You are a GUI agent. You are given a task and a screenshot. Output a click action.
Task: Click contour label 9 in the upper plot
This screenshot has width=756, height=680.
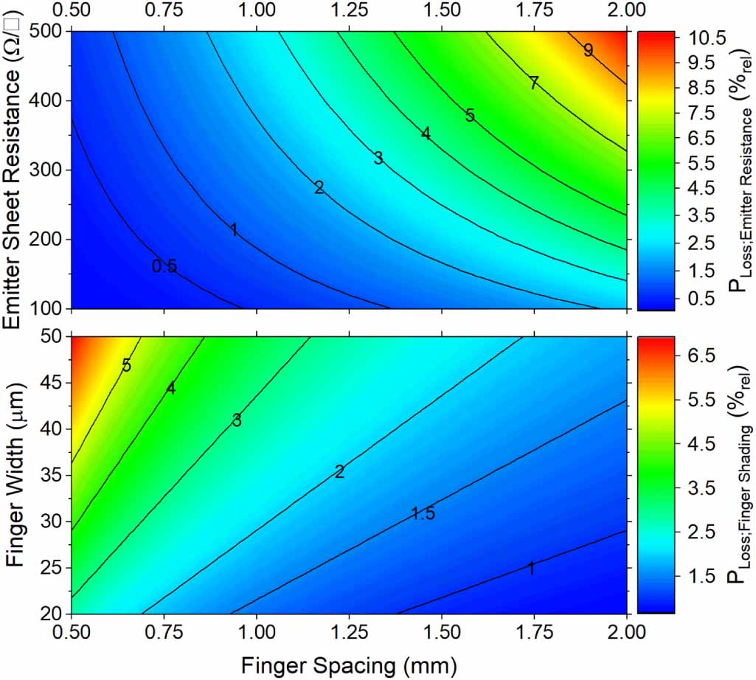[x=588, y=50]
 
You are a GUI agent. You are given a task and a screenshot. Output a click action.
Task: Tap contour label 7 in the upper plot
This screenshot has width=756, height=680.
[x=533, y=83]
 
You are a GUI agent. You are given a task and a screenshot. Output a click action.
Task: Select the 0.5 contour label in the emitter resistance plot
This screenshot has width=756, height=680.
[x=164, y=266]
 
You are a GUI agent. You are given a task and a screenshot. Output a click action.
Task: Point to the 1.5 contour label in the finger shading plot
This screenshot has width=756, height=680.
[x=423, y=513]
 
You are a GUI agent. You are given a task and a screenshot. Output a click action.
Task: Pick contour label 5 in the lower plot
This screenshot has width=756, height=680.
[x=127, y=365]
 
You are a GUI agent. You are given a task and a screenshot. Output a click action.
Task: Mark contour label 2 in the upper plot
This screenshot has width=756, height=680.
[x=319, y=188]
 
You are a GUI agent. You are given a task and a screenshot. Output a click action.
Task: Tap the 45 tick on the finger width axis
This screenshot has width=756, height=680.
[x=52, y=382]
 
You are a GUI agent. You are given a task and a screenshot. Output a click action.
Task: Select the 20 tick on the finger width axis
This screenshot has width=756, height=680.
[x=52, y=614]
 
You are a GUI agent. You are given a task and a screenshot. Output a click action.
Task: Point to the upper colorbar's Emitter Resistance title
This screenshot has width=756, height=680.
[x=738, y=170]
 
